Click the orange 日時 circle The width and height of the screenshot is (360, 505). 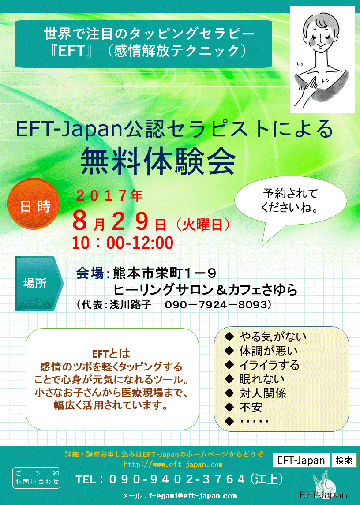point(34,204)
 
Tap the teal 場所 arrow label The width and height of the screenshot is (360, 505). point(39,284)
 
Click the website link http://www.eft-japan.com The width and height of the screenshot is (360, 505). point(173,464)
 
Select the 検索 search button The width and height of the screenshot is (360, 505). point(344,460)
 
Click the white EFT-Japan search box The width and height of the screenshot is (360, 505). point(301,460)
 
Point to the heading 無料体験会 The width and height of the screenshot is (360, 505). point(158,161)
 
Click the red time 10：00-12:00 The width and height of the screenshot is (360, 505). point(123,243)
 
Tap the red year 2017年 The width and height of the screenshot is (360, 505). point(109,195)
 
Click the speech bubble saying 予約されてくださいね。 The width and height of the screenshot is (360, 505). point(290,201)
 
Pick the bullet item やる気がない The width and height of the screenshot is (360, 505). point(273,337)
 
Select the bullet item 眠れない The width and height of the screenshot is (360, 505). point(262,379)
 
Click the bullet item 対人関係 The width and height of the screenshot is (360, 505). point(262,393)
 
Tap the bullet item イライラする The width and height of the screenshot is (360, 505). point(270,365)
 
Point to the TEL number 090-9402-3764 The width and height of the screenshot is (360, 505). point(177,479)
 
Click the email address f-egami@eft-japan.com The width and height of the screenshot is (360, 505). point(193,496)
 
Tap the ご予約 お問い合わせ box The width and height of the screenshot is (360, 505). point(37,478)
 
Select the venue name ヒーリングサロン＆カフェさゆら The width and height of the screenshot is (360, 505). point(205,289)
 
